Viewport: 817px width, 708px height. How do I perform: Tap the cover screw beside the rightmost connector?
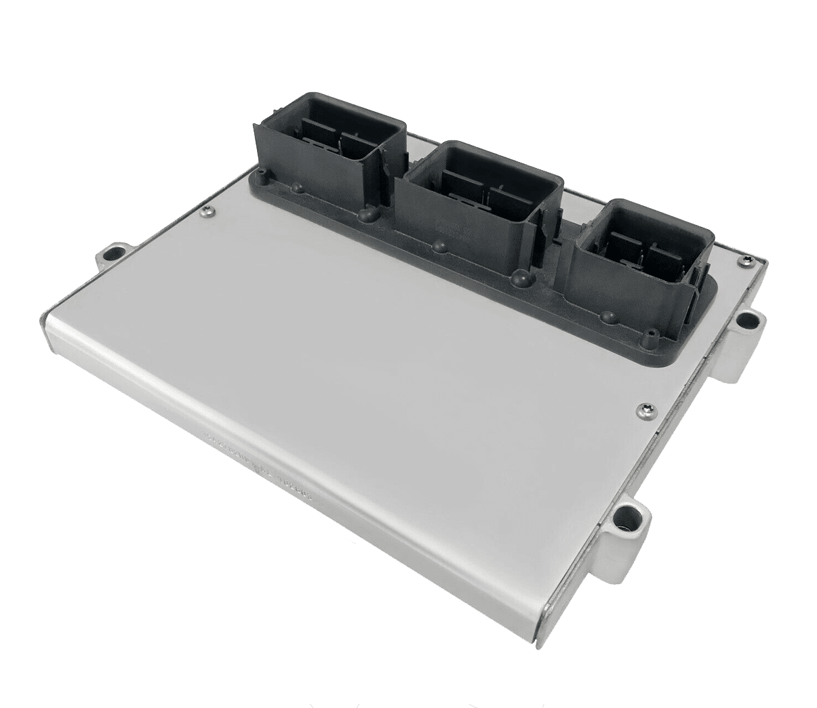[x=746, y=259]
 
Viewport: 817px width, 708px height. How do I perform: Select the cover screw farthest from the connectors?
[x=641, y=408]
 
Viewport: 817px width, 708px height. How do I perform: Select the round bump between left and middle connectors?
[x=367, y=215]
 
